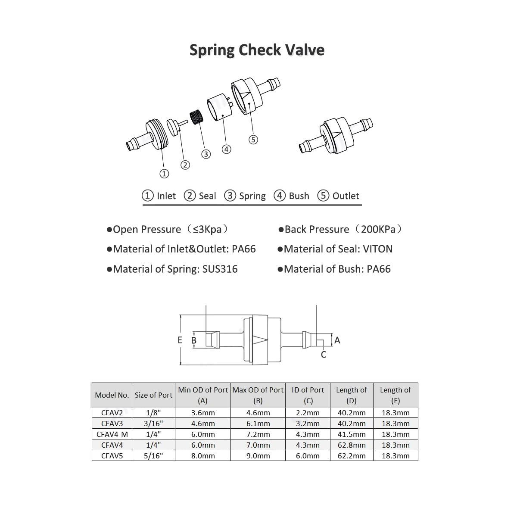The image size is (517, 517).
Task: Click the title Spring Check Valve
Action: coord(257,50)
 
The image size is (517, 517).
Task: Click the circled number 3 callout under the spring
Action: coord(206,154)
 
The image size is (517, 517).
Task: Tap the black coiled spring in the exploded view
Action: coord(197,117)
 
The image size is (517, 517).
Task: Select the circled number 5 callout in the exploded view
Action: coord(253,139)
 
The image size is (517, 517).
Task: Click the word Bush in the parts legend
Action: coord(299,196)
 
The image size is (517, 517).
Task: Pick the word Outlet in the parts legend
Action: coord(346,196)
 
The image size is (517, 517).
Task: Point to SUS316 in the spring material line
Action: coord(220,269)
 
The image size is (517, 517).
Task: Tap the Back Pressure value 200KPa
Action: coord(378,229)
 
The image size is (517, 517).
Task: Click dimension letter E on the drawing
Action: coord(180,340)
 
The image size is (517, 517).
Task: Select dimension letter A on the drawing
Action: coord(337,340)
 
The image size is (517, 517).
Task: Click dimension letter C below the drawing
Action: coord(324,355)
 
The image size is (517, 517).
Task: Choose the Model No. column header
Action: coord(112,395)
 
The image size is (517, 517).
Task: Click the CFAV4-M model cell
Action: coord(112,434)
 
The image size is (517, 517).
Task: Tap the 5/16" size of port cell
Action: coord(153,456)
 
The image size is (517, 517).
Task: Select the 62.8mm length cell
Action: coord(351,445)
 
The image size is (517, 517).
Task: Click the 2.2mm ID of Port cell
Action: coord(308,413)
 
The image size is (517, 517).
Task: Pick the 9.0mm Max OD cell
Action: coord(258,456)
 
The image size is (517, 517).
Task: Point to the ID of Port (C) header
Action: coord(308,395)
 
